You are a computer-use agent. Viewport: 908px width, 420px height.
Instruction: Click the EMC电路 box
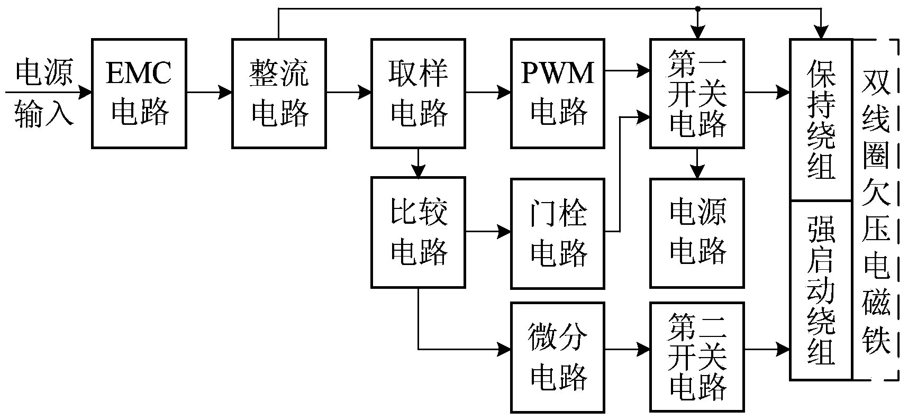pos(139,93)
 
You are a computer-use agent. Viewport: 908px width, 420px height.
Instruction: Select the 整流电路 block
pos(279,93)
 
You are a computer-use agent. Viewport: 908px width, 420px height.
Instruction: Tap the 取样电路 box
pos(418,93)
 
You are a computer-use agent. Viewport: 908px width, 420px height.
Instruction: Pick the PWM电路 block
pos(558,93)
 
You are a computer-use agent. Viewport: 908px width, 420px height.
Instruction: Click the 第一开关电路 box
pos(697,93)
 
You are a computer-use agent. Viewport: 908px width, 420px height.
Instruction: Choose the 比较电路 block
pos(418,232)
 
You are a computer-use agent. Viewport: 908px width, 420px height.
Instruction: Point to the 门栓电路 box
pos(558,233)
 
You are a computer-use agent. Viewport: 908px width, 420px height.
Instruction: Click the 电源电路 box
pos(697,233)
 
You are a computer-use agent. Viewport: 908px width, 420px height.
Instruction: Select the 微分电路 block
pos(558,357)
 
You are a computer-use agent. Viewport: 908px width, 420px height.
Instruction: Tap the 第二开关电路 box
pos(697,357)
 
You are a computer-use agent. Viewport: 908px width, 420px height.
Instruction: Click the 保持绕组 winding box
pos(821,120)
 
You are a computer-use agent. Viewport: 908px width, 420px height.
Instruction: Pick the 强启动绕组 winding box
pos(821,290)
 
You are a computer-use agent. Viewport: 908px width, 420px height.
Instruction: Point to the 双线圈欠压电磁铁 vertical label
pos(876,210)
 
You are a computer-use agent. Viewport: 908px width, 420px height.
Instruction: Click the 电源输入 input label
pos(43,93)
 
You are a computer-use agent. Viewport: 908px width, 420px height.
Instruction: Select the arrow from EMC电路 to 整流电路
pos(209,93)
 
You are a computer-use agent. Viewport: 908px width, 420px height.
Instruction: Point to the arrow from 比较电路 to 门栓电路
pos(488,232)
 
